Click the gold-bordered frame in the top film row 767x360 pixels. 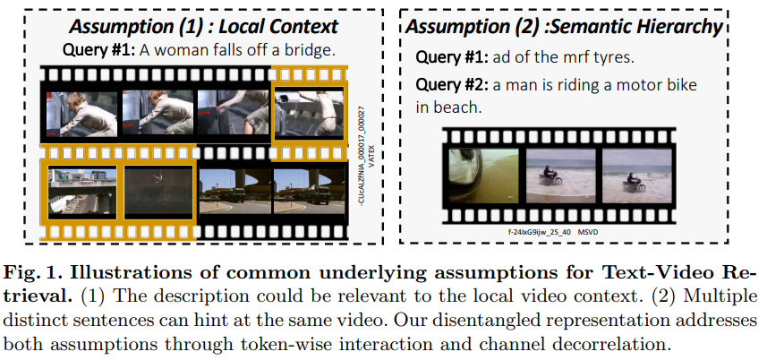coord(309,114)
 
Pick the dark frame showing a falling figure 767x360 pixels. coord(158,192)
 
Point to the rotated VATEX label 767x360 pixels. coord(371,156)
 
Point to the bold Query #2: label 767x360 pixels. coord(452,85)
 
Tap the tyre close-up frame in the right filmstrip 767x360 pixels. coord(484,176)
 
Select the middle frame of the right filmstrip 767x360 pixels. coord(561,176)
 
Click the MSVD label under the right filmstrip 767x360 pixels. coord(587,232)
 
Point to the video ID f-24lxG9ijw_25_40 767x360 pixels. coord(540,232)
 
